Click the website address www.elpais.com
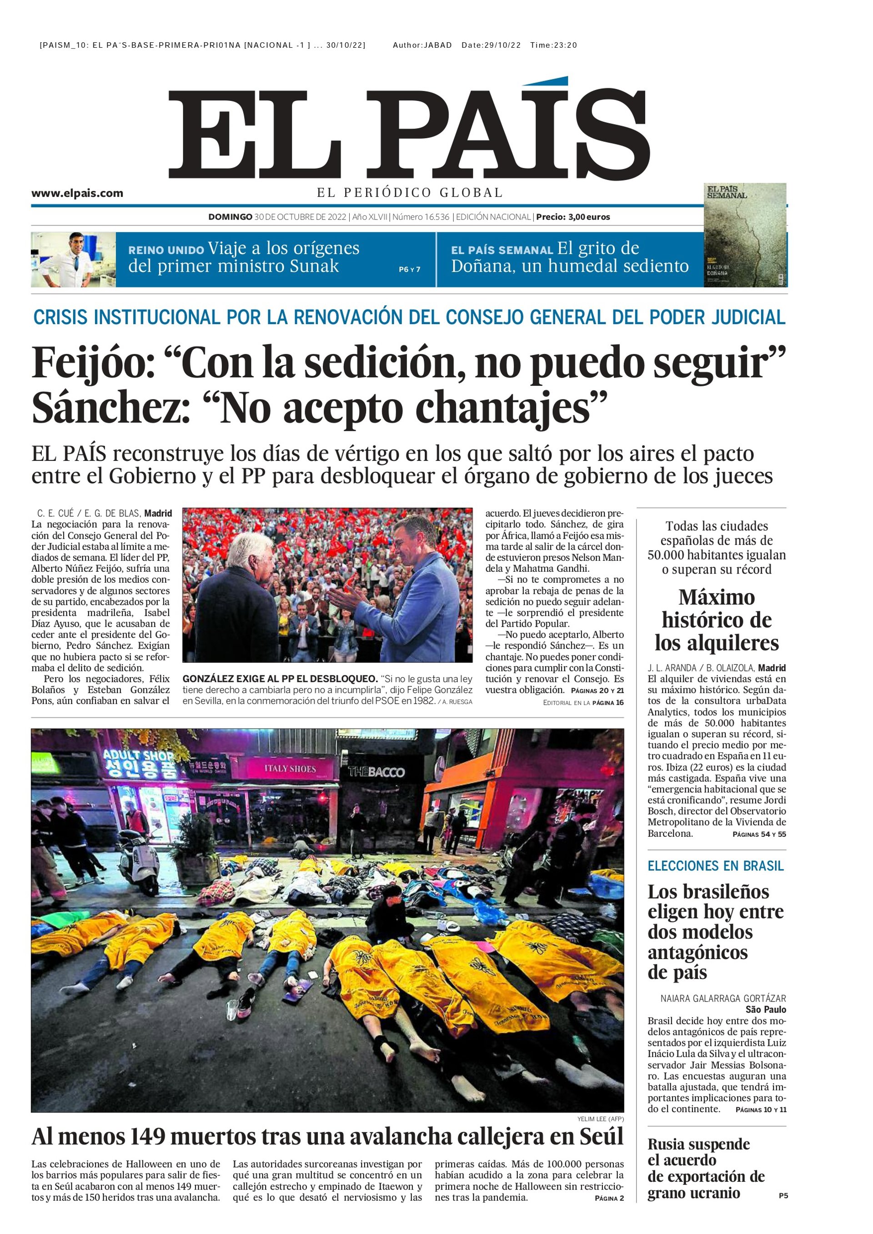point(77,194)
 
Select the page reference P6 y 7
point(409,269)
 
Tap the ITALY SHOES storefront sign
point(290,769)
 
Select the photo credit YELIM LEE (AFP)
point(601,1119)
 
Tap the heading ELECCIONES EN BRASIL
point(716,866)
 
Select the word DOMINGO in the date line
point(230,217)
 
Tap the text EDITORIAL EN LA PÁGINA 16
point(583,703)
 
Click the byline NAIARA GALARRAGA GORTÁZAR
point(723,999)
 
